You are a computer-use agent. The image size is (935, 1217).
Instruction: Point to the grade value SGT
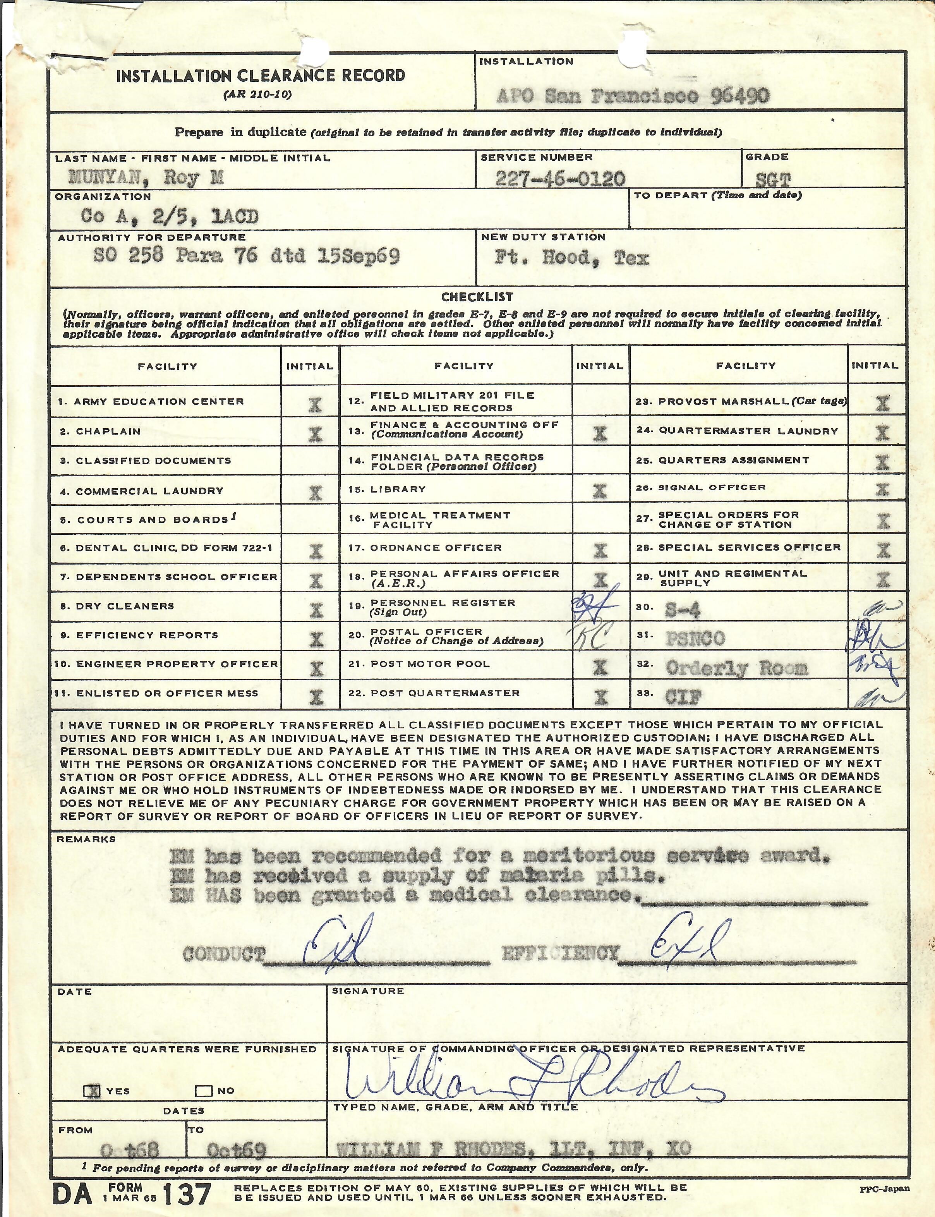coord(774,180)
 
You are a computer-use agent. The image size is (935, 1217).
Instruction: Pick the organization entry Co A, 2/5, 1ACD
coord(170,216)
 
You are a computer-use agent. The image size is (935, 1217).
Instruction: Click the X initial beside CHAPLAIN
coord(315,434)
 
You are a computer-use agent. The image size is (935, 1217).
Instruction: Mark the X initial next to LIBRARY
coord(599,491)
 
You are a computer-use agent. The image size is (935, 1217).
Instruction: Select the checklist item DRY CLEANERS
coord(125,606)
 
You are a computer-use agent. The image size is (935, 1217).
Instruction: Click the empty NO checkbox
coord(203,1091)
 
